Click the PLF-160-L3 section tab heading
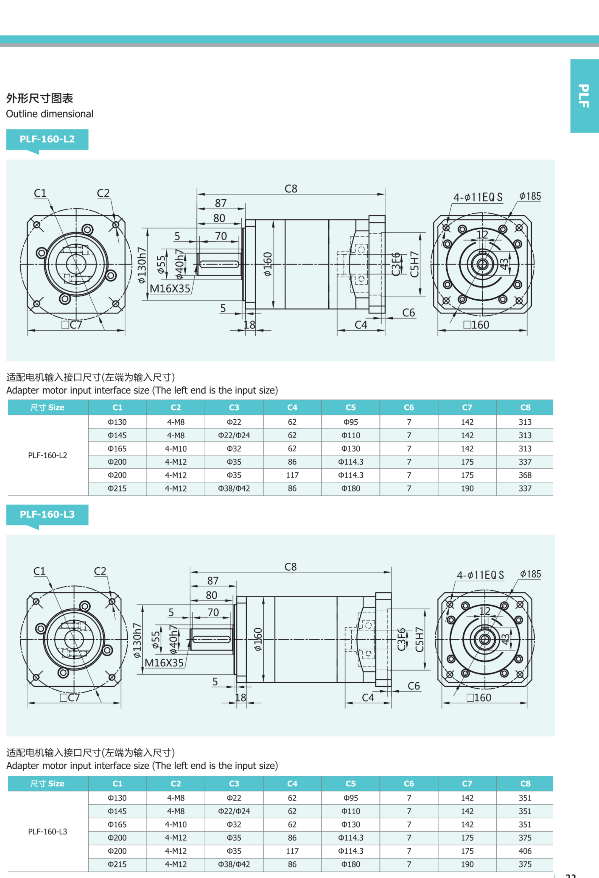tap(47, 515)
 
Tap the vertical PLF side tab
tap(584, 96)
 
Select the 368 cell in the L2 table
tap(525, 475)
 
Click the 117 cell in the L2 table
tap(292, 475)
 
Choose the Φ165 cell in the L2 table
tap(117, 449)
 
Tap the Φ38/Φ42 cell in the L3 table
tap(234, 864)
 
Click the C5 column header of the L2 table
tap(350, 408)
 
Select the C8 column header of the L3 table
tap(525, 784)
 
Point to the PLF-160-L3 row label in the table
tap(48, 831)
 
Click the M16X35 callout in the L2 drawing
tap(170, 289)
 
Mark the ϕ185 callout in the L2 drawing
tap(530, 196)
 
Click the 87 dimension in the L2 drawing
tap(221, 203)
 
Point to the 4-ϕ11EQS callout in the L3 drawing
tap(480, 575)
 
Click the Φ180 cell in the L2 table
tap(350, 489)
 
